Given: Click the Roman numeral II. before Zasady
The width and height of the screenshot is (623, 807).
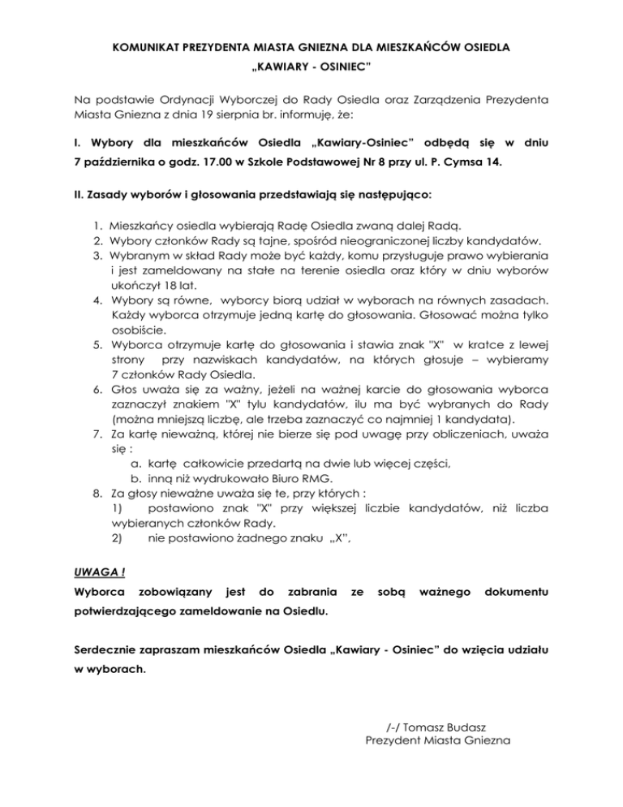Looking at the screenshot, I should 78,195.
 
